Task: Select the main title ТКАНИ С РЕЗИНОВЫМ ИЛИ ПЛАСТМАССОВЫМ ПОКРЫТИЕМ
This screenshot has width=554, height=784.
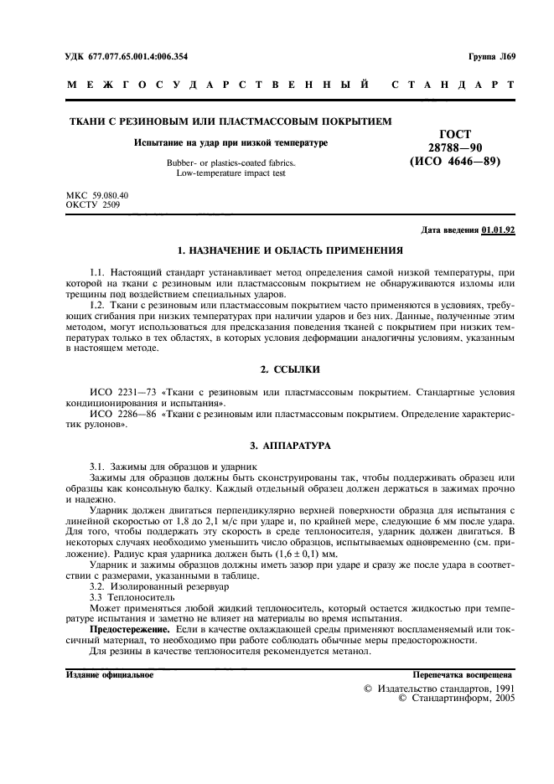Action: pyautogui.click(x=229, y=122)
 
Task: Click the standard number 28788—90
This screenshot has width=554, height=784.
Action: pyautogui.click(x=455, y=147)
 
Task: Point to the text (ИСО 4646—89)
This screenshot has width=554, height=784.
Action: pyautogui.click(x=455, y=162)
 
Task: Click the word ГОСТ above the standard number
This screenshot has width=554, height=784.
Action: pyautogui.click(x=455, y=134)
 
